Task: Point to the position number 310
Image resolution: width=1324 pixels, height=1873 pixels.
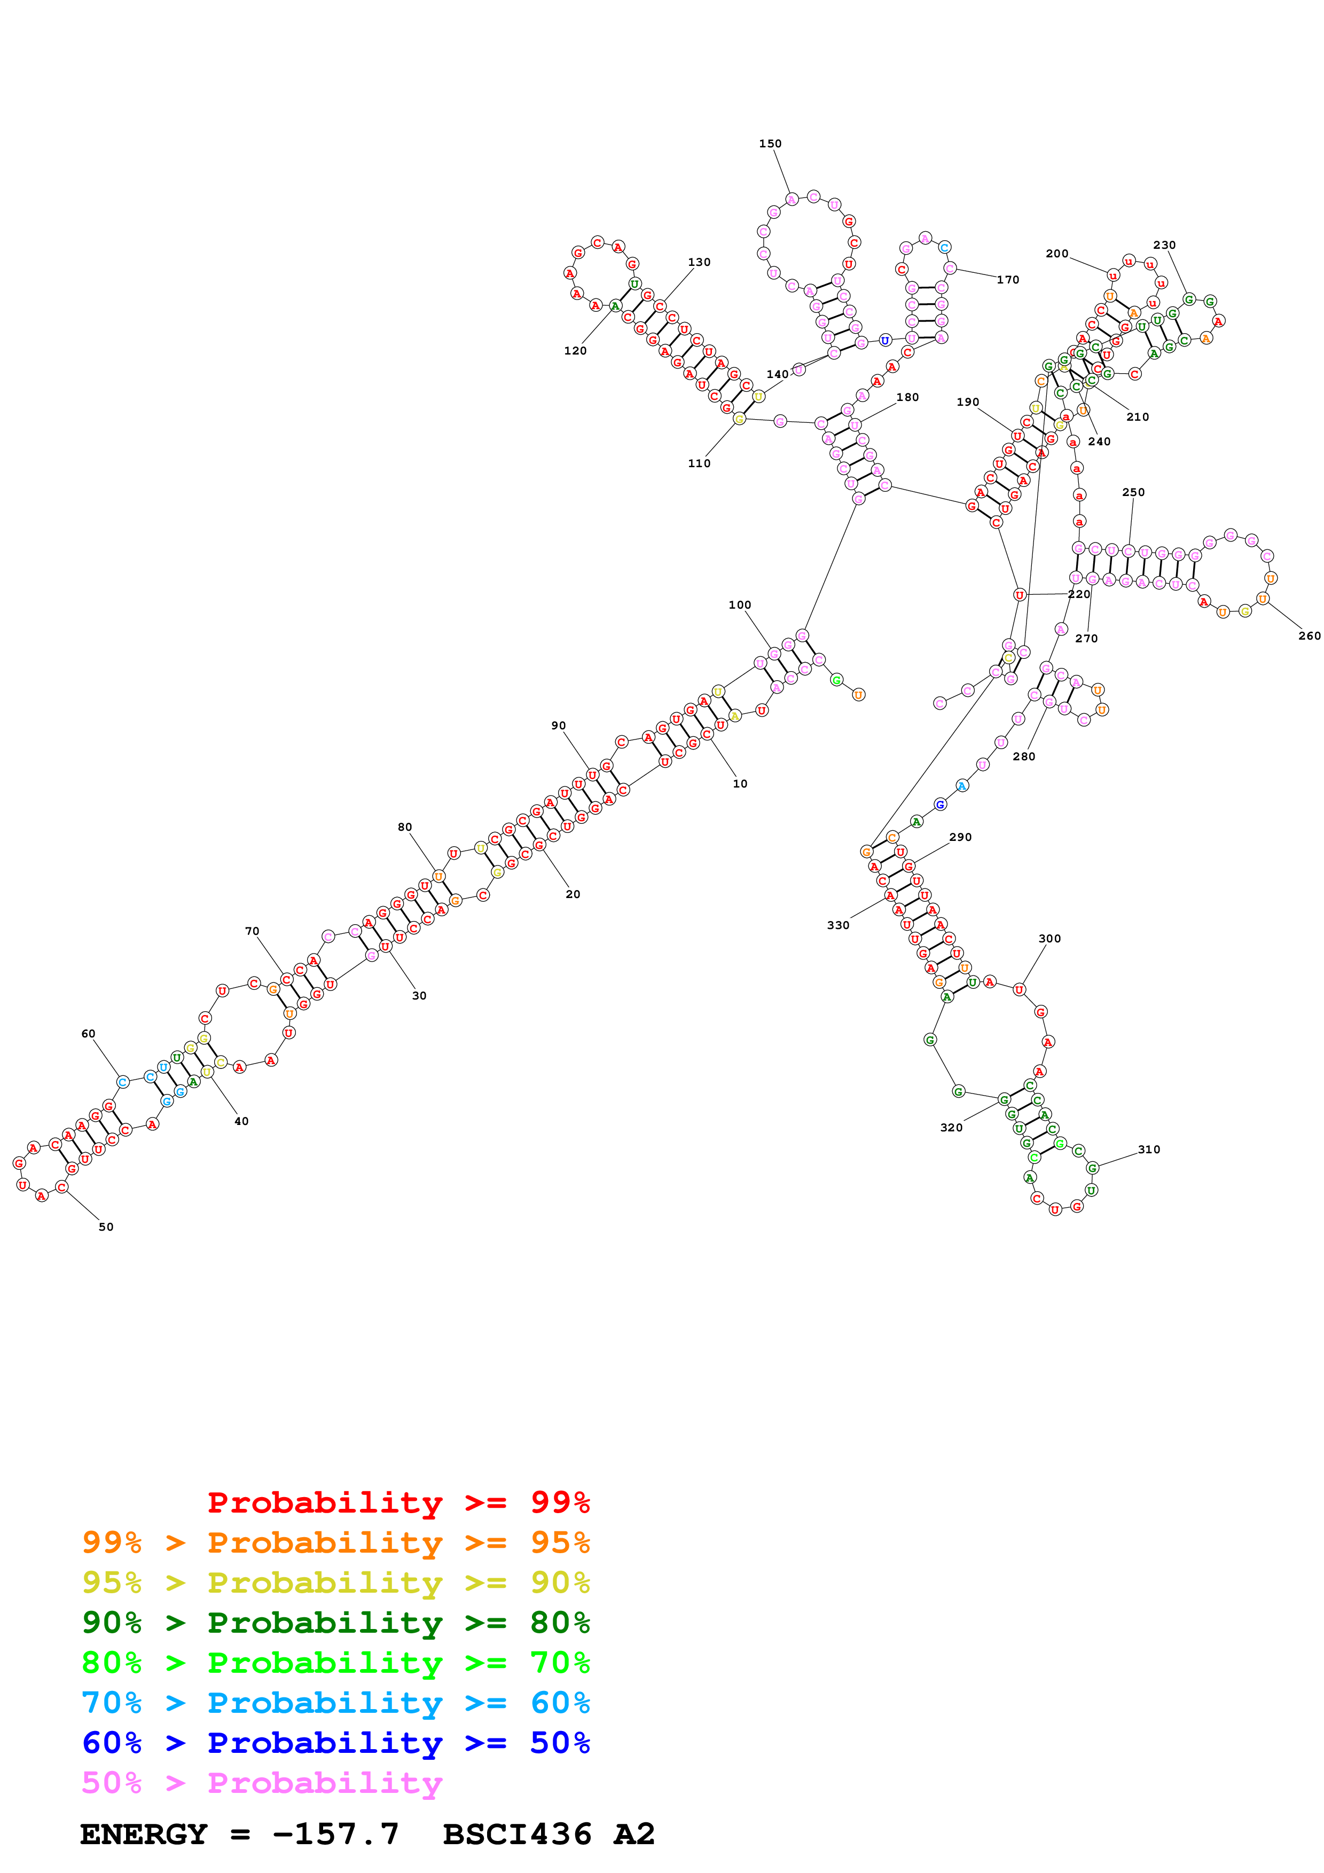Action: pyautogui.click(x=1149, y=1150)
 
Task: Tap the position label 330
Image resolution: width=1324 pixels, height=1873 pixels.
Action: pyautogui.click(x=838, y=925)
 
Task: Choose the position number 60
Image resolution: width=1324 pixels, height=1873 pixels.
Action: pyautogui.click(x=88, y=1034)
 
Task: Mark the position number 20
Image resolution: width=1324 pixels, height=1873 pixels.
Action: pyautogui.click(x=573, y=894)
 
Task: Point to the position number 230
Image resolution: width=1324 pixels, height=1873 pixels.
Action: pyautogui.click(x=1164, y=245)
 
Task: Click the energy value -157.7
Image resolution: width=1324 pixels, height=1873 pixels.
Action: pyautogui.click(x=336, y=1834)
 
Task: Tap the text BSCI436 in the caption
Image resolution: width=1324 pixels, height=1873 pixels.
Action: pyautogui.click(x=517, y=1834)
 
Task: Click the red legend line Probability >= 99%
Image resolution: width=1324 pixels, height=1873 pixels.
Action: pyautogui.click(x=398, y=1502)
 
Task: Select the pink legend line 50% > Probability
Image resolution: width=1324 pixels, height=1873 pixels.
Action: pyautogui.click(x=262, y=1783)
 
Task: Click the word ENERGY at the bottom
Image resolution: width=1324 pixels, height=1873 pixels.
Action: pyautogui.click(x=144, y=1834)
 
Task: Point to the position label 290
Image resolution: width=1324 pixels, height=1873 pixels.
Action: pyautogui.click(x=960, y=837)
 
